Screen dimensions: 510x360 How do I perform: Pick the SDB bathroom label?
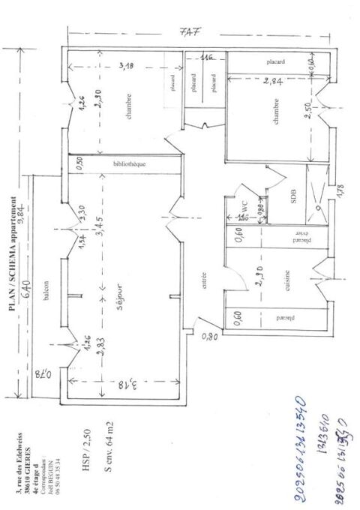point(294,197)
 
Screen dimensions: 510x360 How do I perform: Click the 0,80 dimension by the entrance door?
point(209,337)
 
